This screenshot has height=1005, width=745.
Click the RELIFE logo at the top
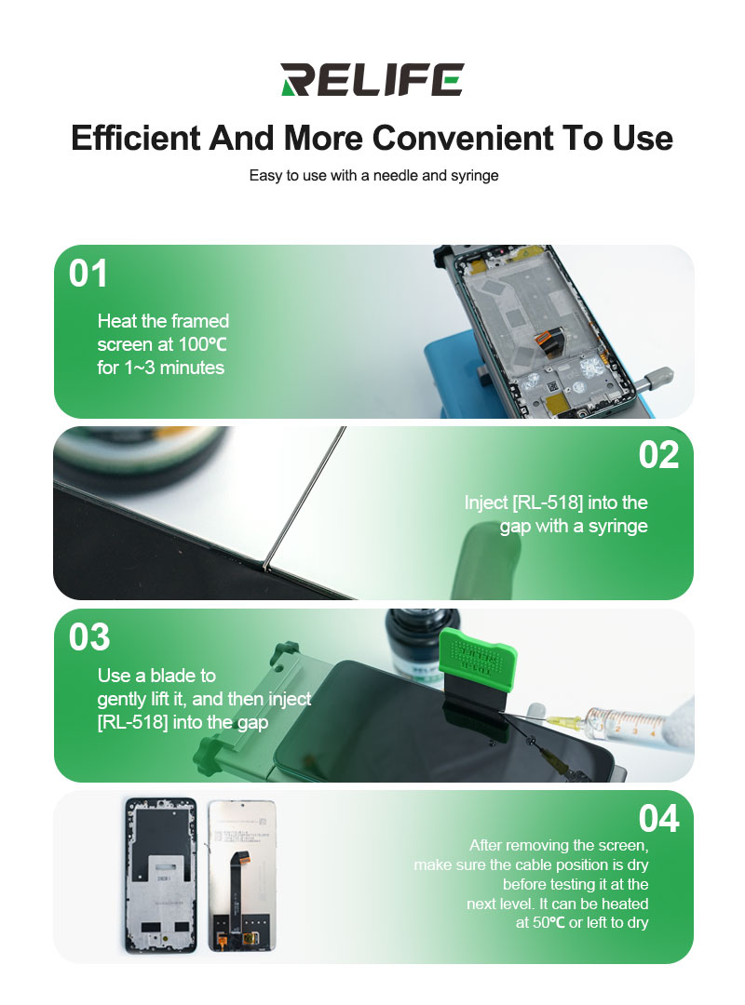point(372,79)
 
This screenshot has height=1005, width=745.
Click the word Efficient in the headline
point(136,138)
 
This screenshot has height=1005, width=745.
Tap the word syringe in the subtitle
point(475,176)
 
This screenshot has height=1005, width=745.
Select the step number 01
point(88,274)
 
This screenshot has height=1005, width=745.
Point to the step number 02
point(658,455)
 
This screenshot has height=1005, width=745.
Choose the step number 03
point(89,637)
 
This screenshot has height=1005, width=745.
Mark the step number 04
point(658,819)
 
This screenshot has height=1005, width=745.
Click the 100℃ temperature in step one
point(202,344)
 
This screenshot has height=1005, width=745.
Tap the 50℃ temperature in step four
point(549,923)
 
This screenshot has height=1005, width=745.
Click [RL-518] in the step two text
point(548,502)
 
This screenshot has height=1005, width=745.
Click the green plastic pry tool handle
point(477,653)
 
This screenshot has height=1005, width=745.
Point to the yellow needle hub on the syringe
point(568,721)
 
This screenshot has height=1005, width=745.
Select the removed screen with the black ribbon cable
point(242,876)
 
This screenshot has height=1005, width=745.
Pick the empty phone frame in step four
point(160,876)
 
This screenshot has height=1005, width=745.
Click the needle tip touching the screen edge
point(266,568)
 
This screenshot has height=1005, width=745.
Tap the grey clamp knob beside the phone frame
point(655,379)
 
